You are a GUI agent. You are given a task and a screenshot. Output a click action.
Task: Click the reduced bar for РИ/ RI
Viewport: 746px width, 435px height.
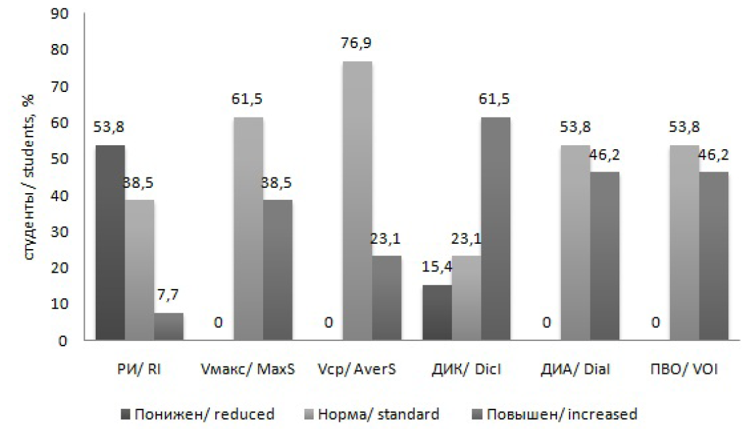(x=110, y=242)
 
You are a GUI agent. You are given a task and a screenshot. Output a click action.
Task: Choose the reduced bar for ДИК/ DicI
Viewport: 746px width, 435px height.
(x=438, y=312)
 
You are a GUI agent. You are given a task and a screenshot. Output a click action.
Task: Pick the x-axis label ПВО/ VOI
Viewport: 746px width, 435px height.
(x=684, y=370)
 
